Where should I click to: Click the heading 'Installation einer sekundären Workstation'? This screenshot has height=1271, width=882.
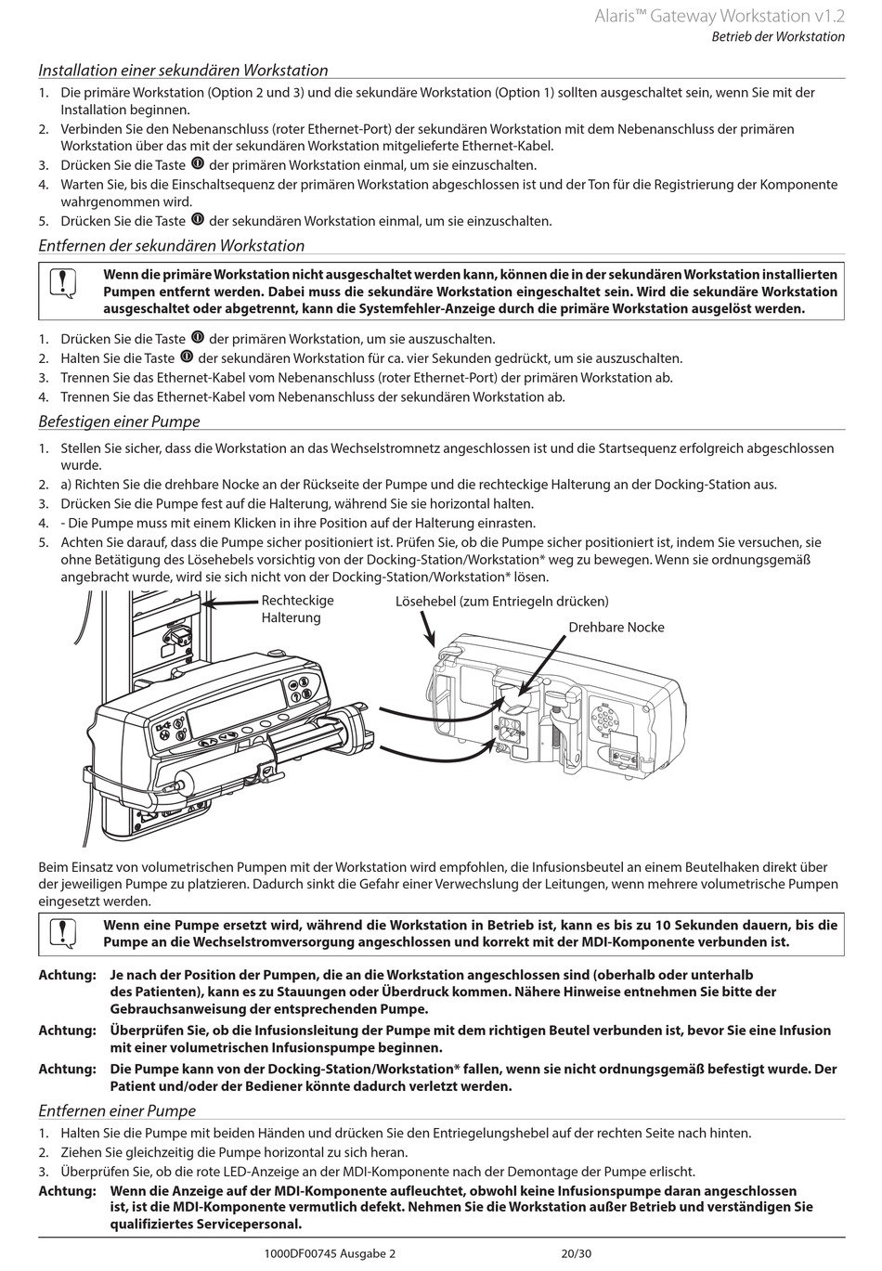[x=183, y=71]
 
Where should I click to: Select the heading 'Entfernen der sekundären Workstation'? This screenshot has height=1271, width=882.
[x=171, y=246]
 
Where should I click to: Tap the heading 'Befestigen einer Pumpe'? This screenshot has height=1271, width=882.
[x=119, y=422]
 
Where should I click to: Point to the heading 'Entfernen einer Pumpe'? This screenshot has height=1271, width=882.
[x=117, y=1111]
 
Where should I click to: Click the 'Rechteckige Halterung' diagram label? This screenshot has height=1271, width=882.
[x=297, y=609]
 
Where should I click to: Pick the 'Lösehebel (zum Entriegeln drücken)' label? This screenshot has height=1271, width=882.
[x=501, y=602]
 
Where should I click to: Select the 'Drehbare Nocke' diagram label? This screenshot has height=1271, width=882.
[x=616, y=628]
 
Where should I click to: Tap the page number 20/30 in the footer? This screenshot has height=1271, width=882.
[x=576, y=1253]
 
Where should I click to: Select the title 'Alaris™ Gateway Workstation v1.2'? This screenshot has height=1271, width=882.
[x=720, y=16]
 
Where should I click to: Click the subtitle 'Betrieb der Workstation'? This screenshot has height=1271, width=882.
[x=778, y=37]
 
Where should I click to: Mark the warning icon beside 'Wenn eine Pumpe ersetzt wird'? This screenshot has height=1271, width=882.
[x=60, y=932]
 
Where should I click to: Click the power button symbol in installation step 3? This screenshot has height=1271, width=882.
[x=198, y=164]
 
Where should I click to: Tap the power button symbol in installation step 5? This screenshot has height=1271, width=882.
[x=198, y=220]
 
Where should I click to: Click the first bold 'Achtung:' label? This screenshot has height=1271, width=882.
[x=67, y=976]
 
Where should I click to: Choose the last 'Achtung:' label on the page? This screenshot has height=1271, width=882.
[x=67, y=1191]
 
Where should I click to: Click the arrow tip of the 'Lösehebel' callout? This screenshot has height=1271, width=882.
[x=434, y=645]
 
